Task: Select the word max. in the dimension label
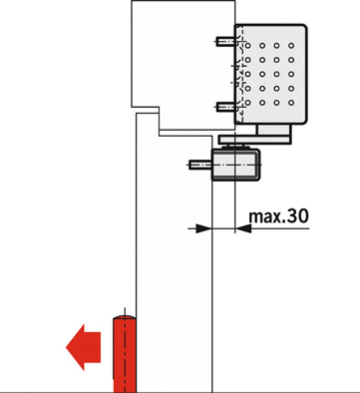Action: coord(265,217)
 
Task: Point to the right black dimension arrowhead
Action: coord(244,228)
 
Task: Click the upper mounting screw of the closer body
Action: coord(226,41)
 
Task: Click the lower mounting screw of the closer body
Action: coord(226,107)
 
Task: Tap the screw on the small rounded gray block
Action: coord(200,165)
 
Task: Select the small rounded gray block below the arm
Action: coord(236,165)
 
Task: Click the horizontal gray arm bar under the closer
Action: coord(255,140)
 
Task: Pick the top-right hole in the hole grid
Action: coord(291,46)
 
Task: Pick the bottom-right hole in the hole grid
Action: coord(291,103)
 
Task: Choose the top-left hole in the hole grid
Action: coord(248,46)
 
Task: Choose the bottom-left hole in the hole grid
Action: coord(248,103)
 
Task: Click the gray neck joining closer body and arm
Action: coord(274,130)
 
